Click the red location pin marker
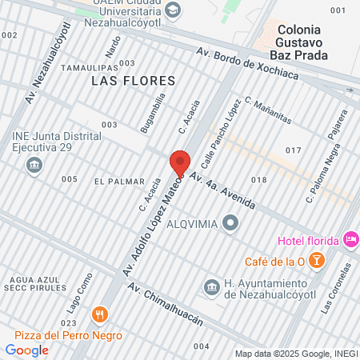point(180,164)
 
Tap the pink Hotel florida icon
point(350,239)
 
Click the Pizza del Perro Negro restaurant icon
point(99,314)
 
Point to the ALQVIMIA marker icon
point(231,223)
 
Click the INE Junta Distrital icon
point(34,165)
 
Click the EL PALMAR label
point(119,182)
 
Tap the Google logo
point(27,350)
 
